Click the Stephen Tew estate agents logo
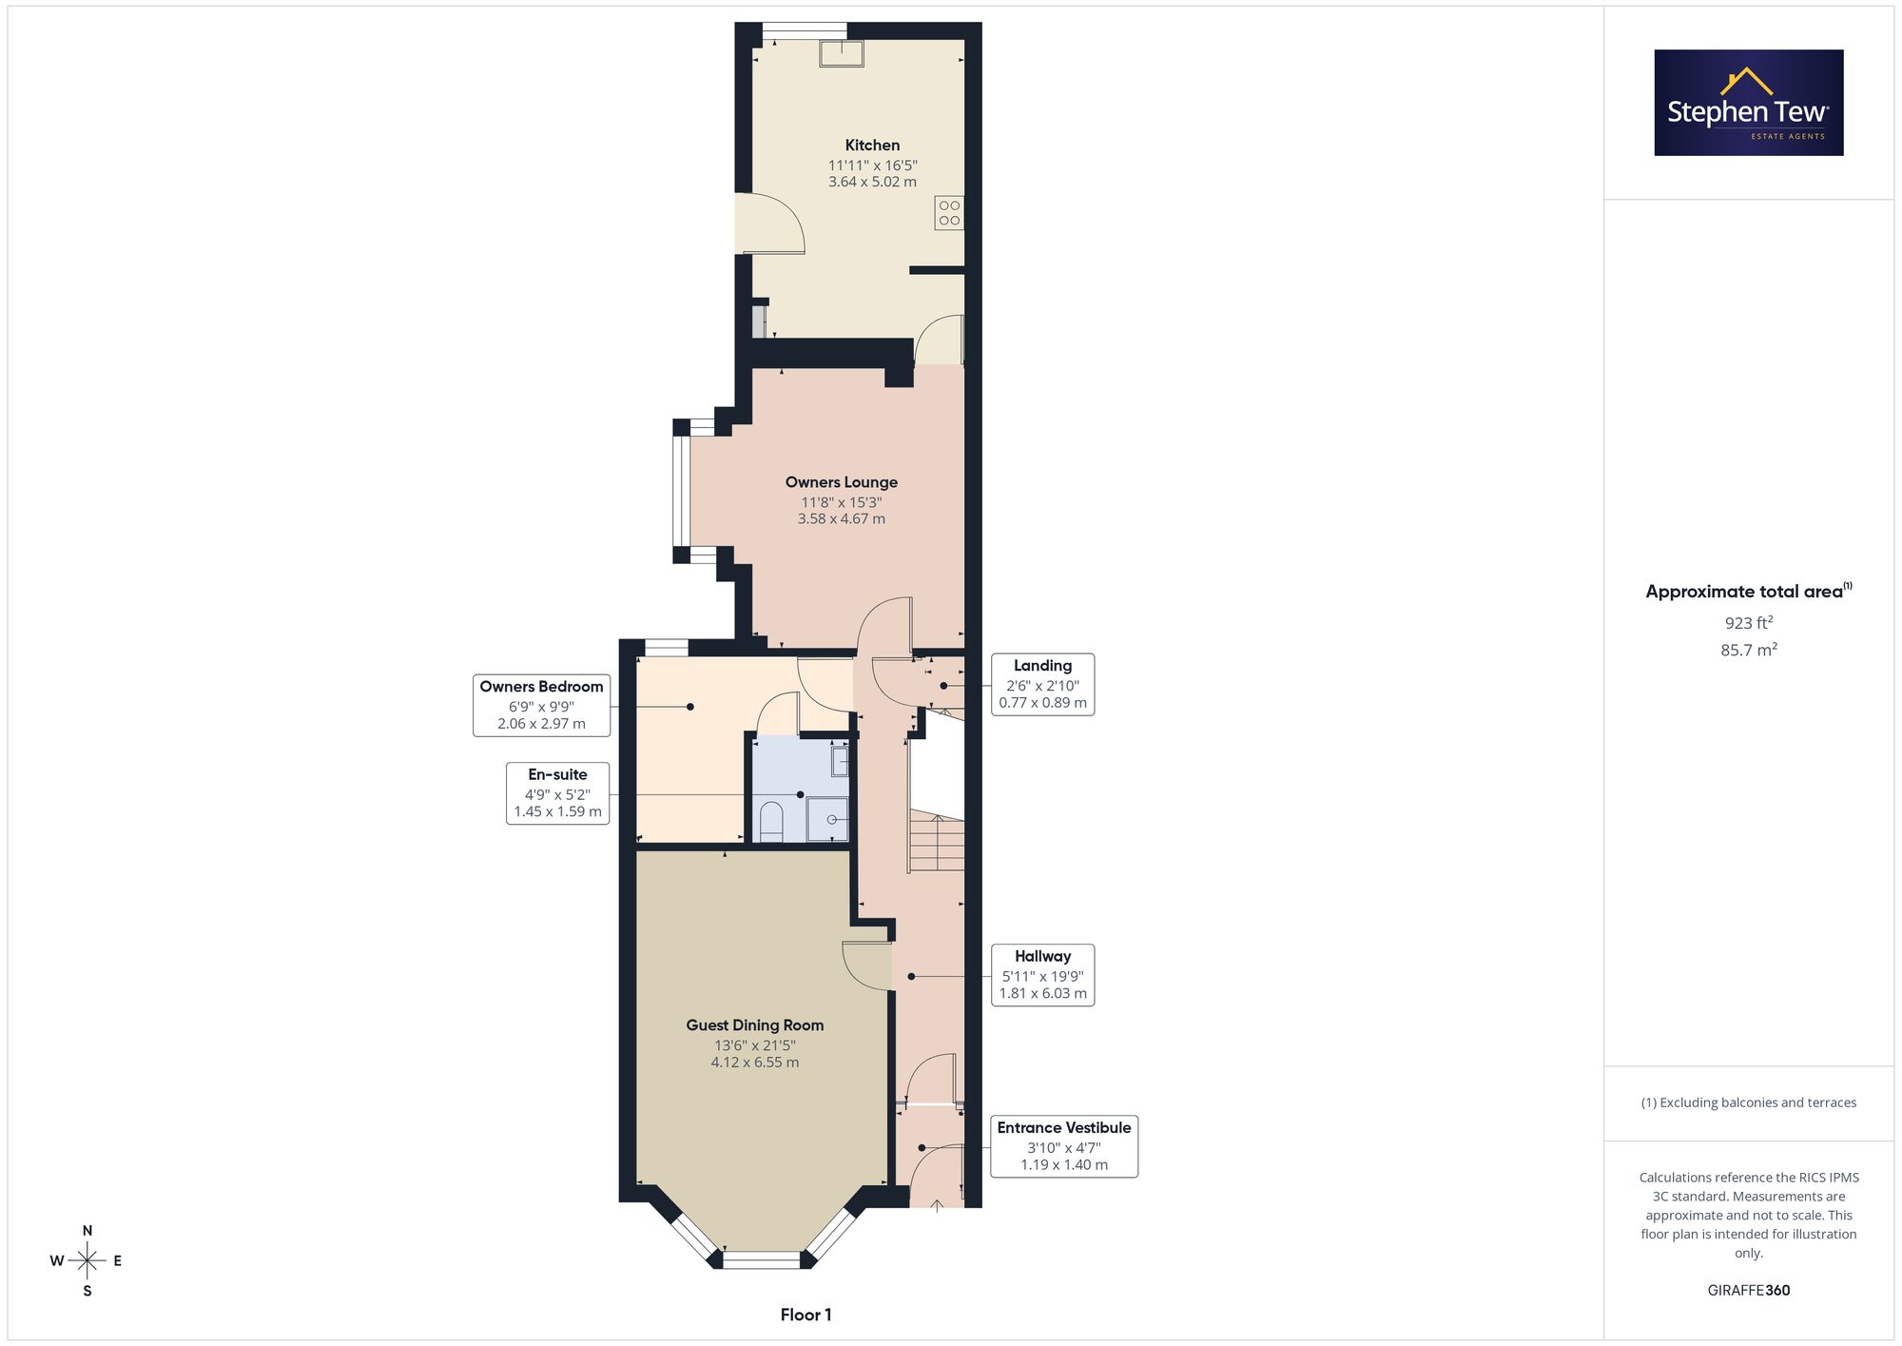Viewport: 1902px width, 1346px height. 1749,103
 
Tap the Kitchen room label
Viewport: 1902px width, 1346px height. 872,146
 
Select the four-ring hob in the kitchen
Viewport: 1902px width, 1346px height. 949,213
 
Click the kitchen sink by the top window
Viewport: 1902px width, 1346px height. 842,54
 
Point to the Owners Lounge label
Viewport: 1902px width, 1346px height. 842,482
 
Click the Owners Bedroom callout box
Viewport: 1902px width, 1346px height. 542,705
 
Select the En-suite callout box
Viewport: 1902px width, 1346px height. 558,793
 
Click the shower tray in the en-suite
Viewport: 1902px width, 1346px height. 827,819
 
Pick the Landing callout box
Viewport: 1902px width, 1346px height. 1043,684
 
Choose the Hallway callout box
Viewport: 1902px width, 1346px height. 1043,975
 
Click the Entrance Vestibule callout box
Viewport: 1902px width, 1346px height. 1064,1146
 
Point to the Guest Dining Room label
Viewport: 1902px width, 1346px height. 755,1025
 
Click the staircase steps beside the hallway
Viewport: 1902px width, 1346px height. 937,841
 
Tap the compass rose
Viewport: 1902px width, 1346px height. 87,1261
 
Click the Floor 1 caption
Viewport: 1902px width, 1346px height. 805,1315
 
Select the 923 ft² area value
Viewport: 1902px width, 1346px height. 1749,623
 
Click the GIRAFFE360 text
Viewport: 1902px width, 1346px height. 1749,1291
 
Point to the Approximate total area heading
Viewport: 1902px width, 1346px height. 1749,591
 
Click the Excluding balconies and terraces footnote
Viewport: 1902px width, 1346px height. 1749,1102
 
